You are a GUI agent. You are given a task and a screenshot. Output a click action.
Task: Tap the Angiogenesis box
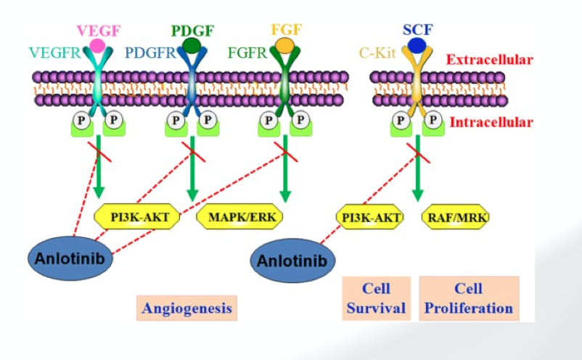coord(187,308)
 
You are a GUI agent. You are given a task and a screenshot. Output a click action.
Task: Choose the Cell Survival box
coord(376,298)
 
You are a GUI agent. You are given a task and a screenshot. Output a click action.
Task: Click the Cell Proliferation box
coord(469,298)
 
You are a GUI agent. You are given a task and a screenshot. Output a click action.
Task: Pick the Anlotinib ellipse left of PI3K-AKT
coord(71,257)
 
